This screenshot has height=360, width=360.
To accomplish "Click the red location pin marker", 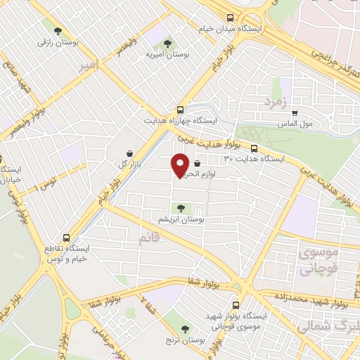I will coord(180,165).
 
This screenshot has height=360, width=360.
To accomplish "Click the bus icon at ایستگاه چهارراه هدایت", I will coord(181,110).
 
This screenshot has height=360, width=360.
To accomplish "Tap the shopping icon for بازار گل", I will coord(129,153).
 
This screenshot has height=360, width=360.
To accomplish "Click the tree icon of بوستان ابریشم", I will coord(181,207).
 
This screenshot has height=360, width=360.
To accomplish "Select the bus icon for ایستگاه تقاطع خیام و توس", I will coord(67,238).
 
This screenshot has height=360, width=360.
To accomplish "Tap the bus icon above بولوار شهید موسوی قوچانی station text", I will coord(235,305).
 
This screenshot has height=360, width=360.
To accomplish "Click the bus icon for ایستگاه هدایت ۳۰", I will coord(254,148).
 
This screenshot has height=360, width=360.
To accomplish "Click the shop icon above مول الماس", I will coord(295,112).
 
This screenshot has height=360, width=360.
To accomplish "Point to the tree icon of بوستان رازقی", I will coord(57,30).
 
